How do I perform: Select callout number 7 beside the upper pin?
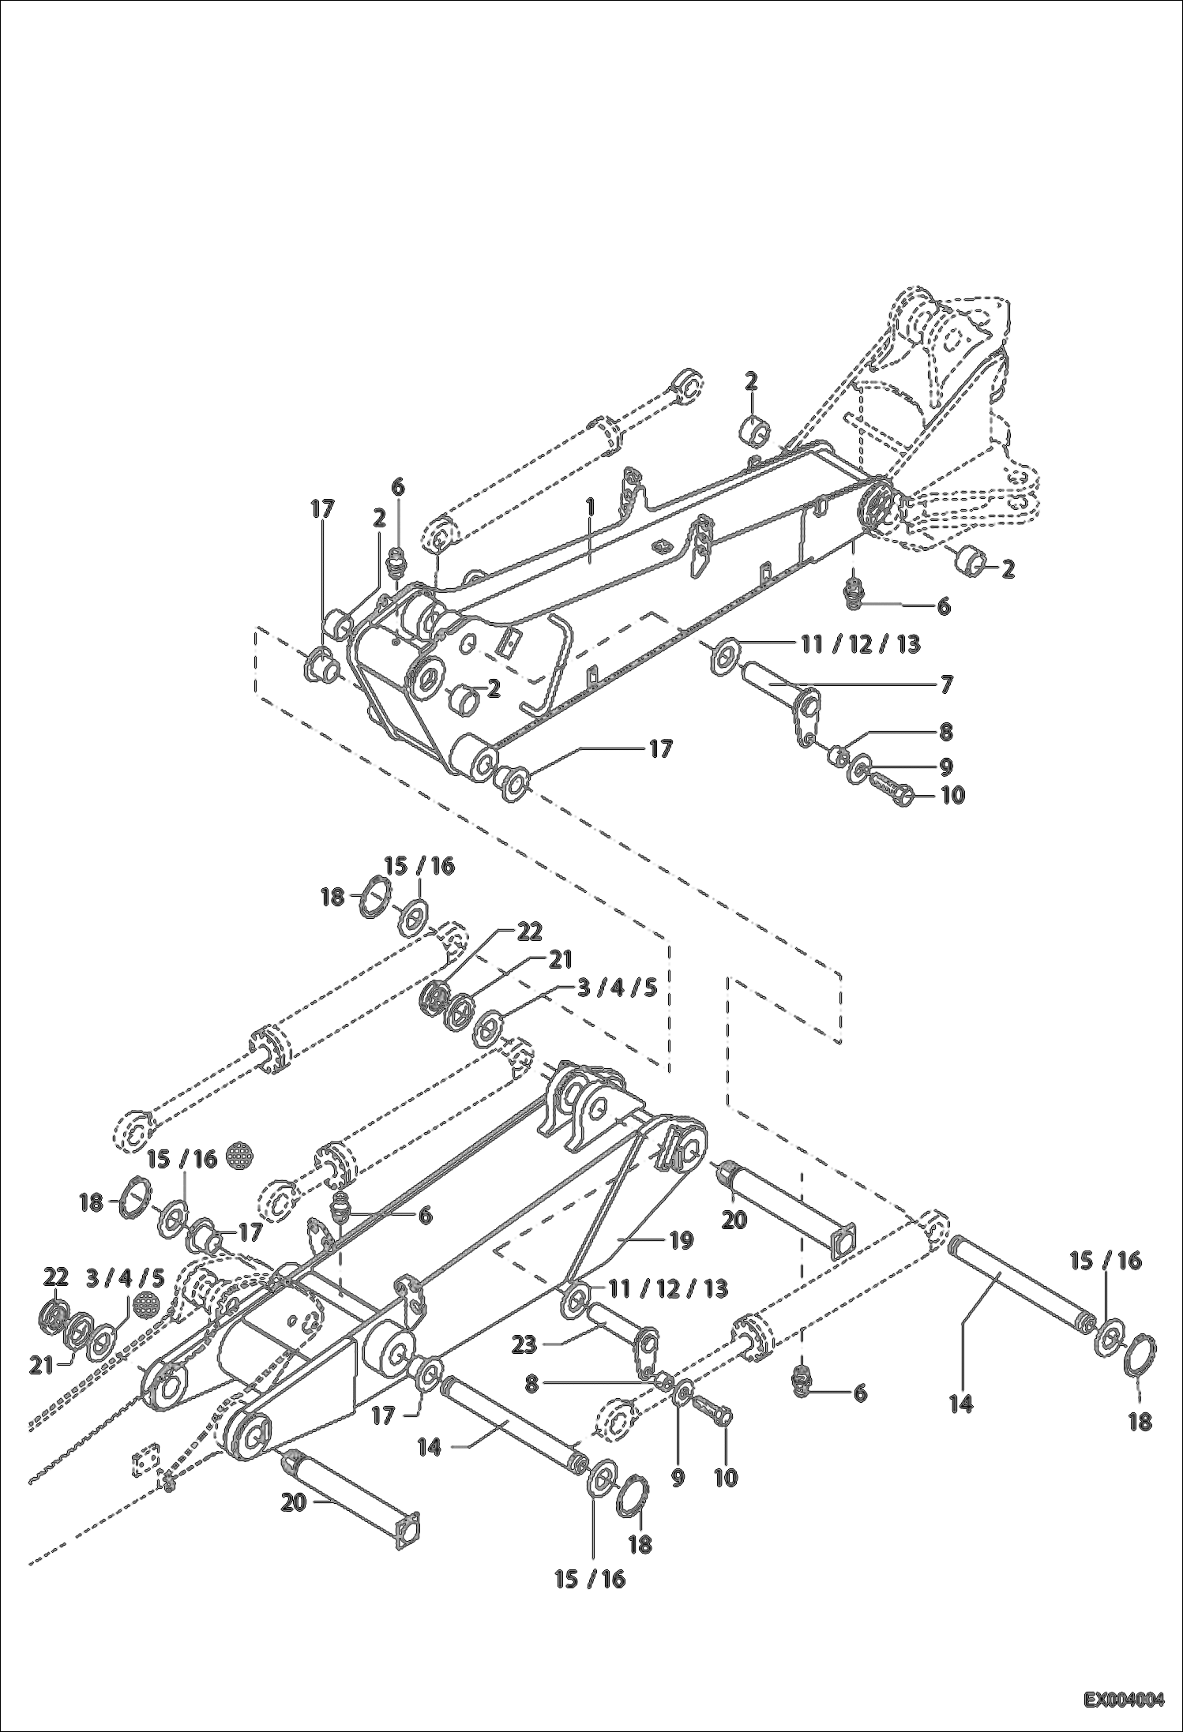946,684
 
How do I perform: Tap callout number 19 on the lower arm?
680,1240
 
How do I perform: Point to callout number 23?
524,1344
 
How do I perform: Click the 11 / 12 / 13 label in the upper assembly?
860,644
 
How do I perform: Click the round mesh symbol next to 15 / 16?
239,1157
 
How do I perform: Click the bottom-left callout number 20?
293,1503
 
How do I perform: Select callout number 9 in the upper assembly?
946,767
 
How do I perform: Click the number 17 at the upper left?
322,510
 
